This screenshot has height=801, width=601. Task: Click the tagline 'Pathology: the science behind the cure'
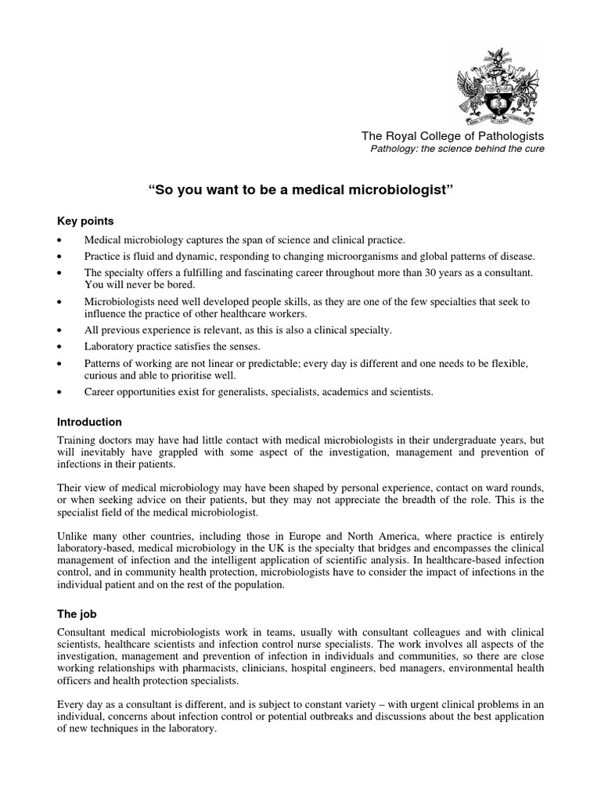tap(457, 149)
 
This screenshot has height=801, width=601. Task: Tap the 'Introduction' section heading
tap(90, 422)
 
